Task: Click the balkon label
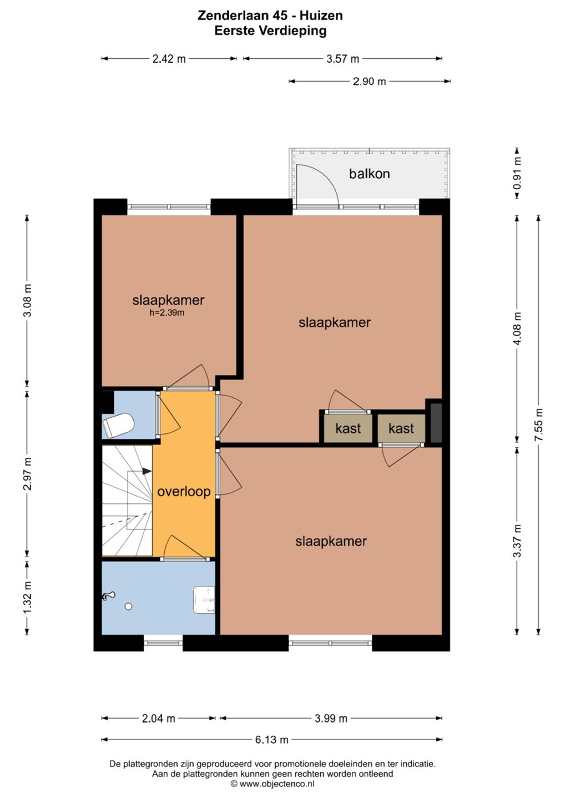point(369,174)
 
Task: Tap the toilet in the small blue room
point(118,425)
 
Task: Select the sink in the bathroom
point(204,600)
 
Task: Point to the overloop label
point(184,492)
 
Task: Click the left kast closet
point(348,428)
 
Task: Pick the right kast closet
point(401,428)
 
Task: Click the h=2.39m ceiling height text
point(167,313)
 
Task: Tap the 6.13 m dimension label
point(271,740)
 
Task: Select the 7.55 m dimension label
point(538,424)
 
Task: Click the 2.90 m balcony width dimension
point(369,82)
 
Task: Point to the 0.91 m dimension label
point(517,173)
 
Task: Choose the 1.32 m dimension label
point(27,598)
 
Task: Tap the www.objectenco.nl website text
point(276,783)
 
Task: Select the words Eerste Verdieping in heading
point(270,31)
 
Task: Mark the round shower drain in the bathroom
point(128,606)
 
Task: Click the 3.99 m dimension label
point(331,718)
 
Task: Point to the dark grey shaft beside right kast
point(436,423)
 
